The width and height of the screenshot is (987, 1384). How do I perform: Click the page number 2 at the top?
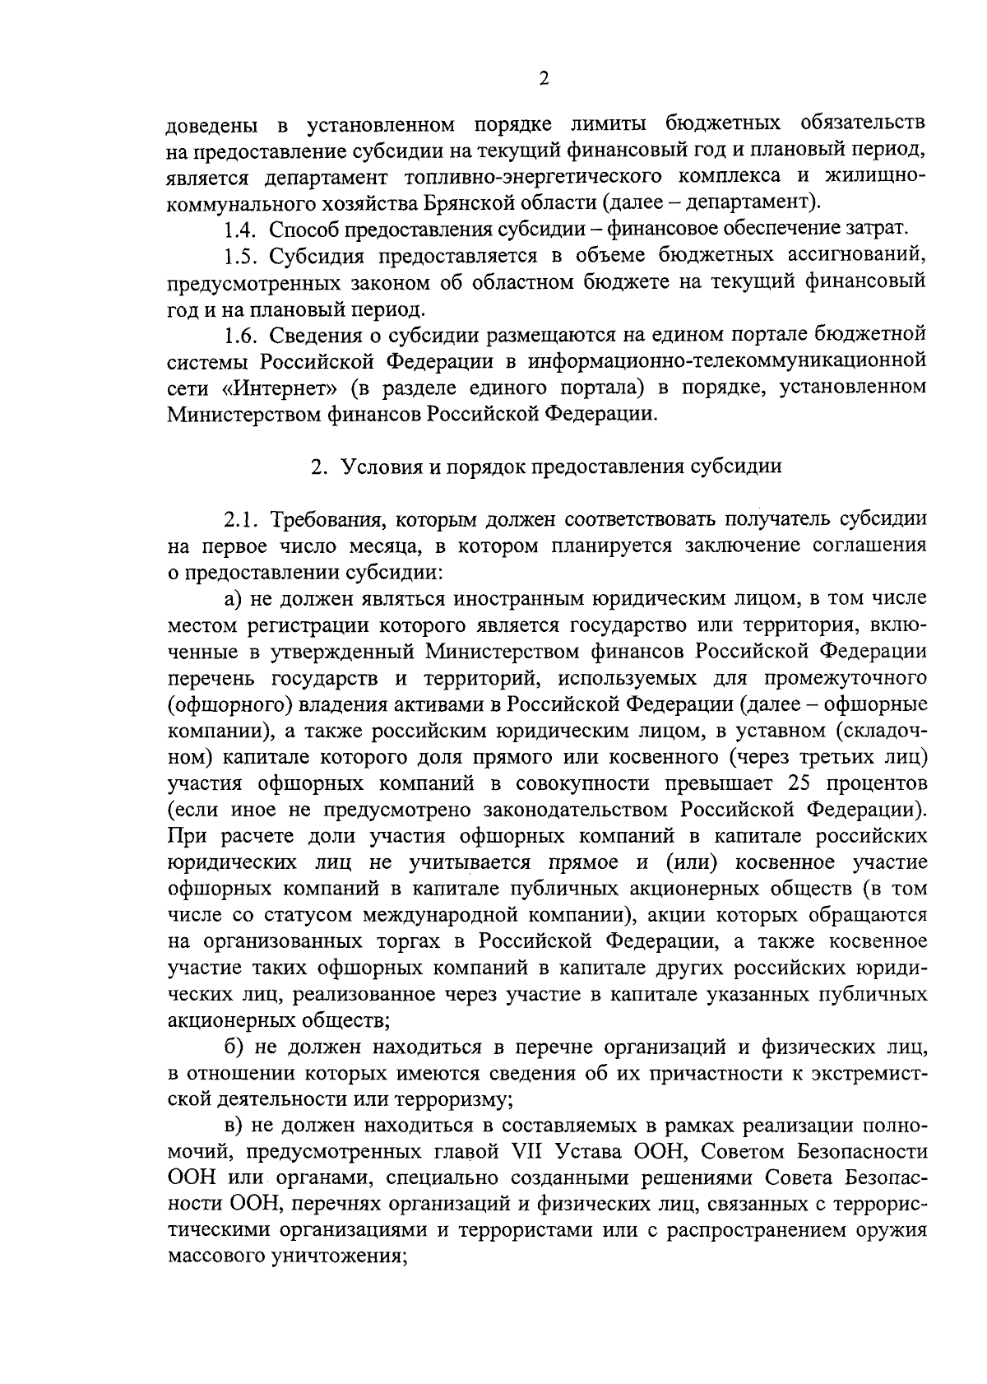[543, 78]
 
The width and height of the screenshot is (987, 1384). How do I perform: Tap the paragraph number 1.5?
[242, 255]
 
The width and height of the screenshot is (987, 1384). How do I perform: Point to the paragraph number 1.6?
[242, 334]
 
